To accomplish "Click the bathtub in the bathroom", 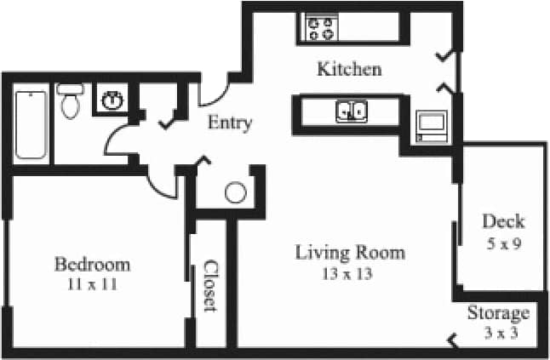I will click(x=31, y=124).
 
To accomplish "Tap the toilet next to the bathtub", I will click(x=70, y=101).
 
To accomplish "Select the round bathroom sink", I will click(x=111, y=101).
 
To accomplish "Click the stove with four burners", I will click(x=322, y=29).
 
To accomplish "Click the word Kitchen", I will click(x=349, y=69).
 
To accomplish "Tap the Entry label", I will click(x=230, y=123).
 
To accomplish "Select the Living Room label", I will click(x=350, y=253).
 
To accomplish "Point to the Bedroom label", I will click(x=92, y=263).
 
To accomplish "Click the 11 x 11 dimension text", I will click(x=92, y=284).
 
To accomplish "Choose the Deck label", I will click(x=503, y=222).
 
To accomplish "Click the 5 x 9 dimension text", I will click(x=502, y=243).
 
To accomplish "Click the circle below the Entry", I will click(x=236, y=193).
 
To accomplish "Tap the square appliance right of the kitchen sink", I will click(x=431, y=124).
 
